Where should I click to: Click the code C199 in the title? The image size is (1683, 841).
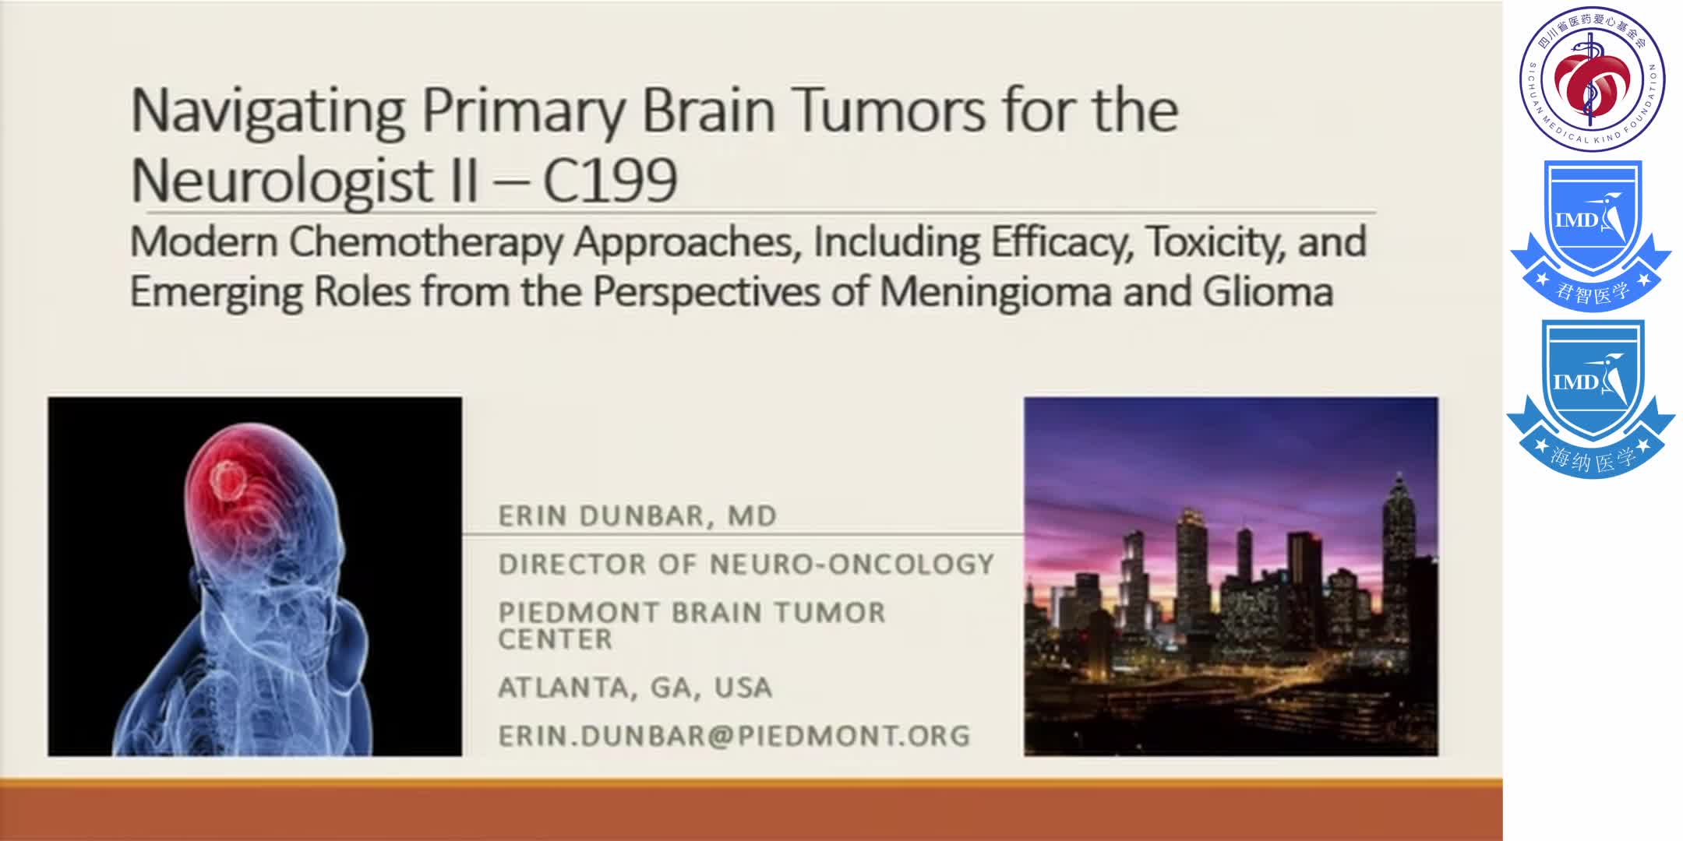tap(609, 181)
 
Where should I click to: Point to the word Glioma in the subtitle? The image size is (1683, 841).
tap(1268, 293)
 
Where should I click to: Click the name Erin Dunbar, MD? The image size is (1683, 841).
tap(637, 516)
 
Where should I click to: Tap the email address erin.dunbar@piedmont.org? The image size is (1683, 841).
tap(734, 736)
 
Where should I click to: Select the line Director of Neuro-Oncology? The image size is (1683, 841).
tap(746, 564)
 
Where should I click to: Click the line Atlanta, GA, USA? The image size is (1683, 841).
tap(635, 688)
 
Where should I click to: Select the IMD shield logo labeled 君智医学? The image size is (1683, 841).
tap(1592, 234)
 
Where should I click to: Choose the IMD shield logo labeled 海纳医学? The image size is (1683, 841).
tap(1592, 397)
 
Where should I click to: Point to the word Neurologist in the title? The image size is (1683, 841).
tap(282, 181)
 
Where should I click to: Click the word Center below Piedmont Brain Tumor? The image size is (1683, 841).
tap(555, 639)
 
